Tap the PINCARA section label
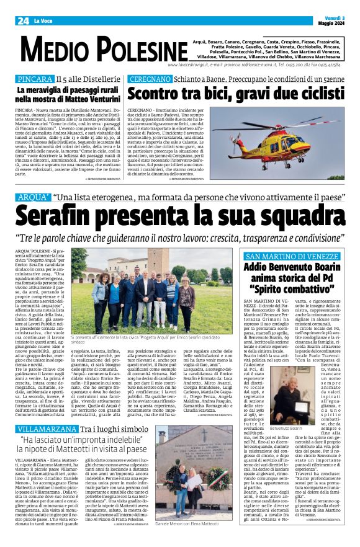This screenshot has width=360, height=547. (x=35, y=80)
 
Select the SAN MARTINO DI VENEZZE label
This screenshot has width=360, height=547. (x=291, y=257)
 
